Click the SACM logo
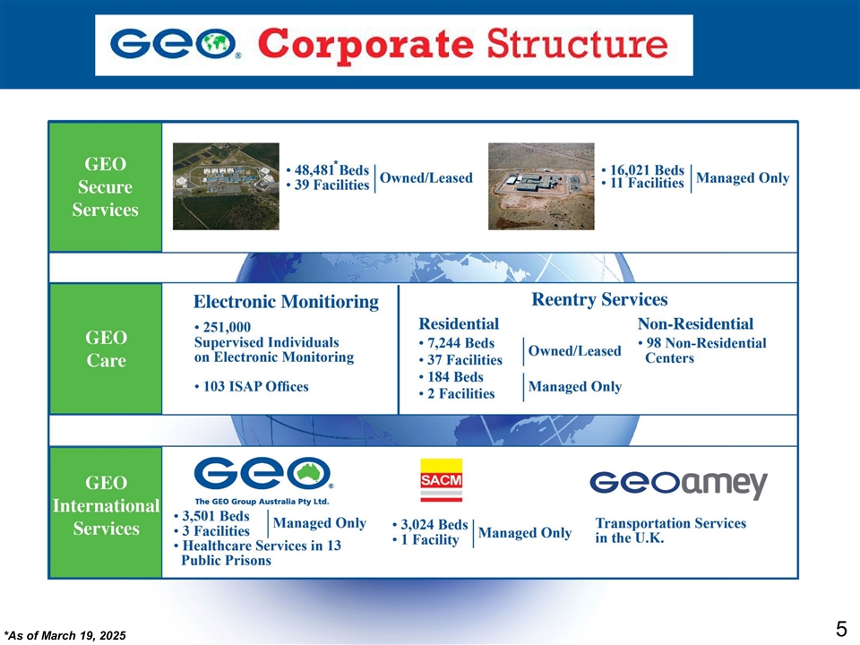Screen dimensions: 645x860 [x=442, y=481]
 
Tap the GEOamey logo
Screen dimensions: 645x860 [x=678, y=484]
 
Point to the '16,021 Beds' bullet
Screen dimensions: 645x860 [x=644, y=169]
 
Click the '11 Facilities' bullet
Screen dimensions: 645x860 [x=643, y=184]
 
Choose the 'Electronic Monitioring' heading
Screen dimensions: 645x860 [x=287, y=302]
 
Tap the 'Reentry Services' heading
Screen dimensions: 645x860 [x=599, y=299]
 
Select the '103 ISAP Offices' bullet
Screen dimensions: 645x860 [x=252, y=387]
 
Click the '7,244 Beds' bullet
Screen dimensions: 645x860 [x=457, y=344]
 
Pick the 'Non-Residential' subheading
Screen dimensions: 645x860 [x=695, y=323]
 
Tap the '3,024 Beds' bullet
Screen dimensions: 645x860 [x=431, y=524]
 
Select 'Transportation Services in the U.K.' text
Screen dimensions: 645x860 [x=670, y=530]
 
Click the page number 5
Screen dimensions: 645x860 [x=840, y=629]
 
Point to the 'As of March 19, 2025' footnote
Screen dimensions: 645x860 [x=65, y=635]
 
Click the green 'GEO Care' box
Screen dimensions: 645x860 [x=105, y=349]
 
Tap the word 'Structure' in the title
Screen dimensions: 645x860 [x=578, y=45]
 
